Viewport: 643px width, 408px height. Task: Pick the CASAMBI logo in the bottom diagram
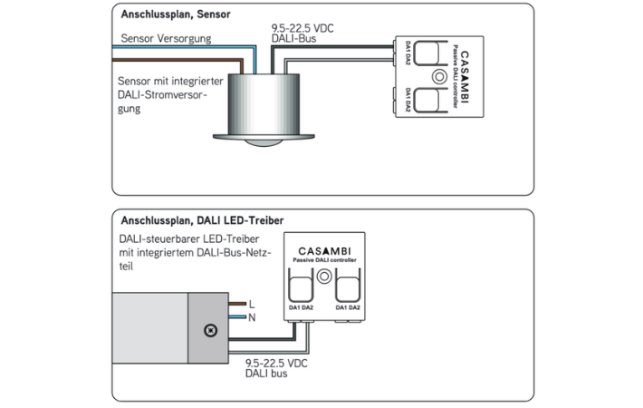pos(321,249)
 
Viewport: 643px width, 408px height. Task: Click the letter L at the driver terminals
pos(251,304)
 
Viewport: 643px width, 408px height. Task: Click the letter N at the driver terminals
pos(251,318)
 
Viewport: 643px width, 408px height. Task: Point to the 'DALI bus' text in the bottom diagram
pos(266,374)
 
